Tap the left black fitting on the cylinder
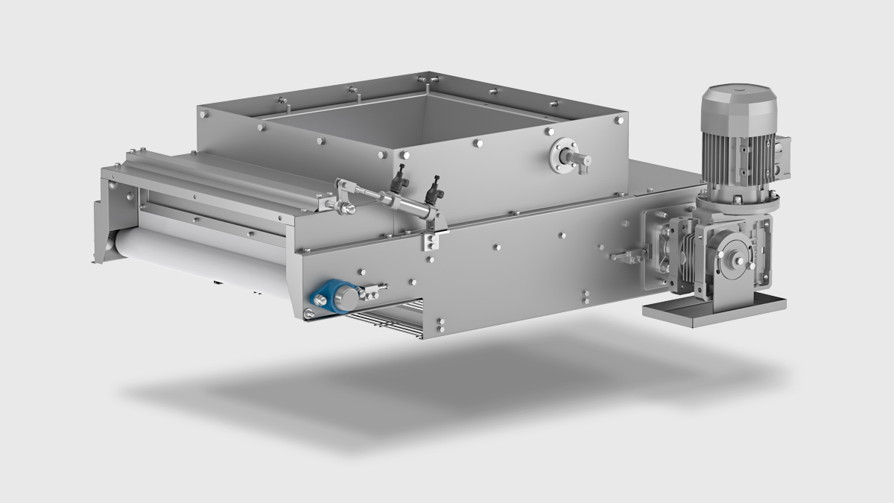click(x=402, y=176)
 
